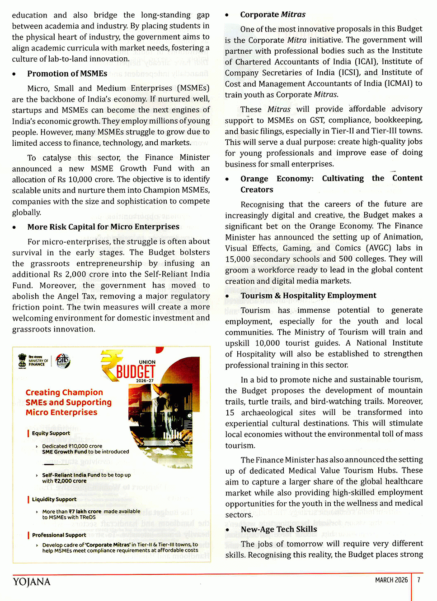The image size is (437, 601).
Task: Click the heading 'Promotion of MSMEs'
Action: tap(67, 74)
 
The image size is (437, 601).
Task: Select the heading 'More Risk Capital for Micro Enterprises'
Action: tap(103, 227)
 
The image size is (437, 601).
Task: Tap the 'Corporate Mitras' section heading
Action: tap(273, 14)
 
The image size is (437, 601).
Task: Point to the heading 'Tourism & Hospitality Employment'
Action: tap(308, 296)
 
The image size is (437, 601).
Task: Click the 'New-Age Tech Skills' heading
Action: tap(279, 529)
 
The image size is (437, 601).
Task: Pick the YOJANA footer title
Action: tap(32, 582)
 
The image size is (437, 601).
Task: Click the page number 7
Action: tap(419, 580)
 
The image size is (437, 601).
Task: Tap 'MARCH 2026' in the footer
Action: tap(391, 580)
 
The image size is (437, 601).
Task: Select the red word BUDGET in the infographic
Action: tap(136, 372)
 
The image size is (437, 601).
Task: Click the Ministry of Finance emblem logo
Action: tap(22, 361)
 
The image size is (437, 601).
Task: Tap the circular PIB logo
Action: tap(63, 361)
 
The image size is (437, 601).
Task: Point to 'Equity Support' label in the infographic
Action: tap(51, 433)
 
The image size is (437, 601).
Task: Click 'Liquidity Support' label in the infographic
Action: tap(54, 499)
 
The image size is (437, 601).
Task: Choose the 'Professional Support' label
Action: tap(59, 535)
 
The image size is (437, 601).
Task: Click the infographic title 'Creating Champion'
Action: tap(64, 393)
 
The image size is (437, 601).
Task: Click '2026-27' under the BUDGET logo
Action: tap(145, 381)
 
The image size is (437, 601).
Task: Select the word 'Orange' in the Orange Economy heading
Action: tap(254, 179)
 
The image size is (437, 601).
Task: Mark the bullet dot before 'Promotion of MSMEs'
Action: tap(14, 74)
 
